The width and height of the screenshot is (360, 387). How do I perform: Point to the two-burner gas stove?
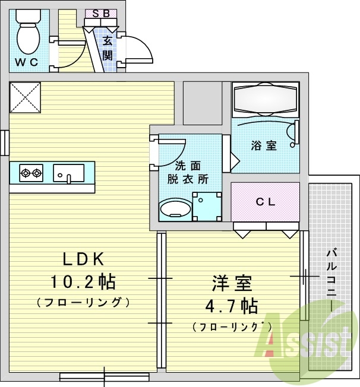(x=31, y=173)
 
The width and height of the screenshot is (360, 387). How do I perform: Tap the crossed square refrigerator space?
(x=24, y=97)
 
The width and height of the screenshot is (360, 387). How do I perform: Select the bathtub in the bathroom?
(x=265, y=99)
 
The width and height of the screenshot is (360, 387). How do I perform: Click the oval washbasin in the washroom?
(x=173, y=209)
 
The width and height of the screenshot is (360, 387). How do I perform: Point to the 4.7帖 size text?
(x=232, y=306)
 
